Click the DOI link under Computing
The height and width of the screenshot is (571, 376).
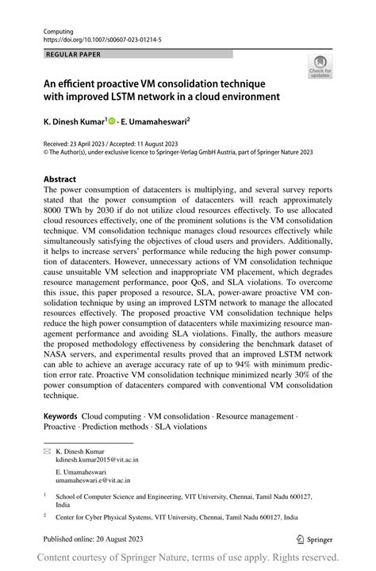(98, 37)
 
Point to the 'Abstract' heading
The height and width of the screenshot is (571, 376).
(60, 179)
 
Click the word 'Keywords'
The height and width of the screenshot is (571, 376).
(61, 415)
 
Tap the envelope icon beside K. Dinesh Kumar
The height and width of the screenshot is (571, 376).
(48, 450)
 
